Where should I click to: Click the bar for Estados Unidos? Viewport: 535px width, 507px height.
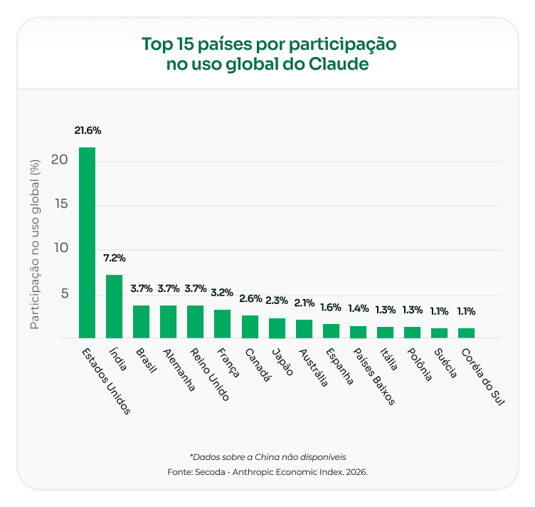[87, 242]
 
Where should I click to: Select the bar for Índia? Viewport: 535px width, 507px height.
[114, 306]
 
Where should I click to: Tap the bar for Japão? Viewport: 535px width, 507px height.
[277, 328]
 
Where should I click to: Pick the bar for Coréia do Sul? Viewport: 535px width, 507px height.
[466, 333]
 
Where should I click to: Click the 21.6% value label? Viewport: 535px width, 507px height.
[88, 131]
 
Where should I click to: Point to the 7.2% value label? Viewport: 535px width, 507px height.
[114, 258]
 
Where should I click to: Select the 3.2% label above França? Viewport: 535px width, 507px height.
[222, 292]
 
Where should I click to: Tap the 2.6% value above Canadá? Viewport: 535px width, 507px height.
[250, 298]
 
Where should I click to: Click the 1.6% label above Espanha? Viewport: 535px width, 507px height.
[331, 307]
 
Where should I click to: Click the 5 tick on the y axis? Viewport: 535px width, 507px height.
[63, 293]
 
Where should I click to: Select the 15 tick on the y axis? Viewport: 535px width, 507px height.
[60, 204]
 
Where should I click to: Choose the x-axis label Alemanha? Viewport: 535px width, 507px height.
[178, 370]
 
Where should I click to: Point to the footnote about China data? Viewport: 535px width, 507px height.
[267, 456]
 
